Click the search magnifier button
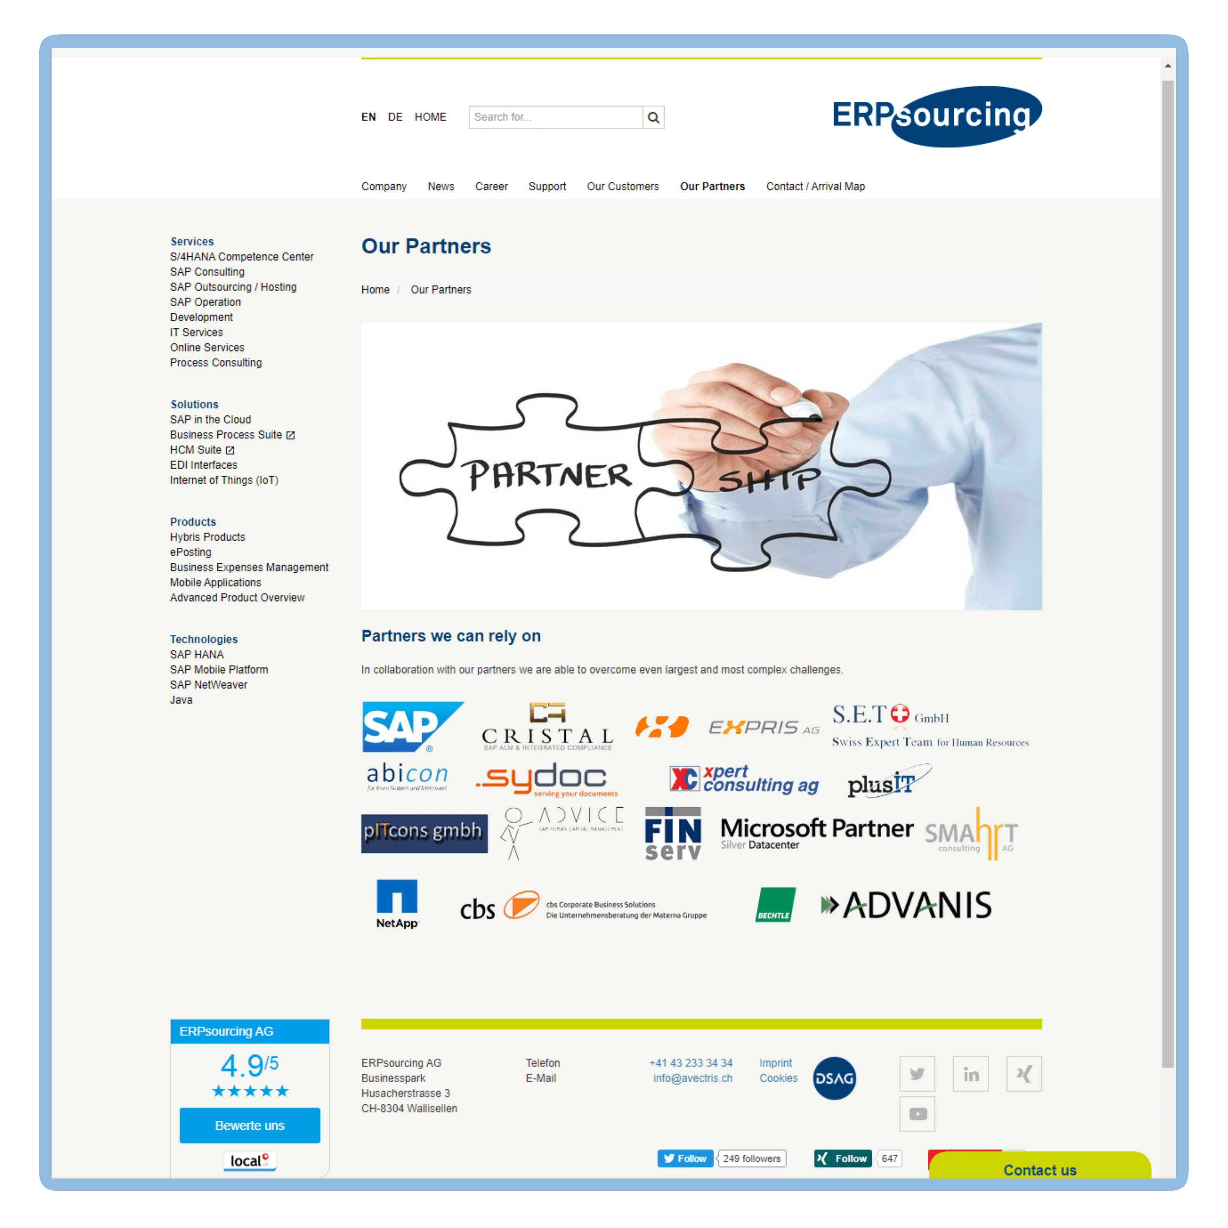click(x=653, y=117)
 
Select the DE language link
click(x=395, y=117)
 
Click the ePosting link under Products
click(x=190, y=552)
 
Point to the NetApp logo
click(x=397, y=904)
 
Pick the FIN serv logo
click(x=673, y=834)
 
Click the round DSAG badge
click(x=834, y=1079)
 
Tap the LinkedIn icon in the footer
click(x=971, y=1074)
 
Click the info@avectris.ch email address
click(x=693, y=1079)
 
